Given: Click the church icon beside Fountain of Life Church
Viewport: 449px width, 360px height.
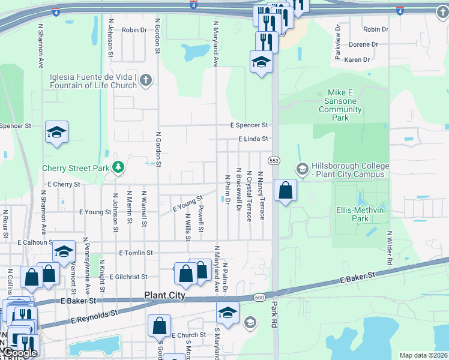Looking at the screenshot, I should tap(145, 80).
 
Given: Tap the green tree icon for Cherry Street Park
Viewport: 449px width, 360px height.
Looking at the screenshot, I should tap(118, 166).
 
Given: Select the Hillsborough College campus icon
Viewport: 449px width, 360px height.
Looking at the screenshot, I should tap(302, 169).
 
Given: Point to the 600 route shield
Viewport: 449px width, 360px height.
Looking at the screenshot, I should tap(259, 298).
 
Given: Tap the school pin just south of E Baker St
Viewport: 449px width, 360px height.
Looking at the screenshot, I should tap(228, 312).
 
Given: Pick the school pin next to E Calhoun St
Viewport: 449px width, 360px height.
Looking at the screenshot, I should tap(63, 252).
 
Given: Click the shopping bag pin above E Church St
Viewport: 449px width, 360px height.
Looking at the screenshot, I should tap(160, 326).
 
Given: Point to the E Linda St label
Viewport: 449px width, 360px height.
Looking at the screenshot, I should tap(253, 139).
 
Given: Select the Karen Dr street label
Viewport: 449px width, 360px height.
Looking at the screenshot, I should tap(357, 59).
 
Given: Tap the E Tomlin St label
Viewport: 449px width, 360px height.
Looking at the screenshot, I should tap(136, 253).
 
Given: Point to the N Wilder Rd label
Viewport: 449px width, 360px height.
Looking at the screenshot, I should tap(390, 248).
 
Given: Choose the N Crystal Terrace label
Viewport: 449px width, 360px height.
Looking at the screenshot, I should tap(249, 195).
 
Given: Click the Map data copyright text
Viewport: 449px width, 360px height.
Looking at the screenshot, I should tap(423, 355).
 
